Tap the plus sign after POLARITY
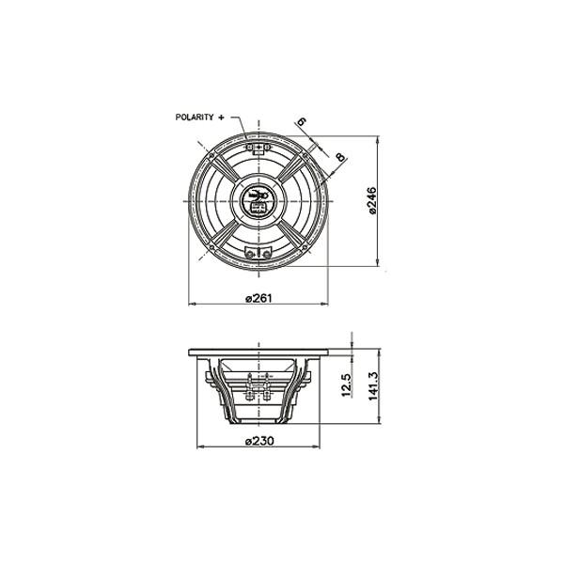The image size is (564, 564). [222, 117]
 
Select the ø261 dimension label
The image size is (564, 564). [258, 298]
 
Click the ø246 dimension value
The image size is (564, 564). [371, 200]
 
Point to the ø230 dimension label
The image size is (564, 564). [258, 441]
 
